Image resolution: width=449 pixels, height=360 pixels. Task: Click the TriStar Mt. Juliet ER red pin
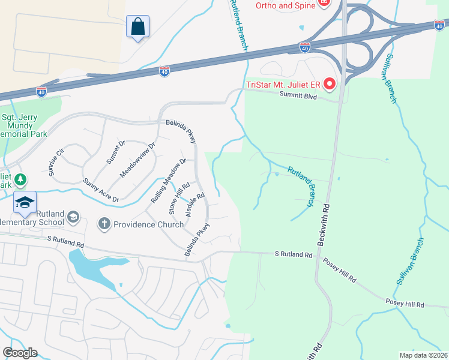329,84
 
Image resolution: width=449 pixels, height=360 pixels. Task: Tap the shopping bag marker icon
138,26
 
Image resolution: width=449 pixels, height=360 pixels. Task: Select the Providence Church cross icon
104,224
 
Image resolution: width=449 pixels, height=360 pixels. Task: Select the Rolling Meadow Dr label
169,180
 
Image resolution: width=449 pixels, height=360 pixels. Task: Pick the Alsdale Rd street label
195,205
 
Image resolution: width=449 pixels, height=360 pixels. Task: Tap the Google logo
19,353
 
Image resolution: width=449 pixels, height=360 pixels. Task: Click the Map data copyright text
423,355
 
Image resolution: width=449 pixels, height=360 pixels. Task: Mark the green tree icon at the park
20,179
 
